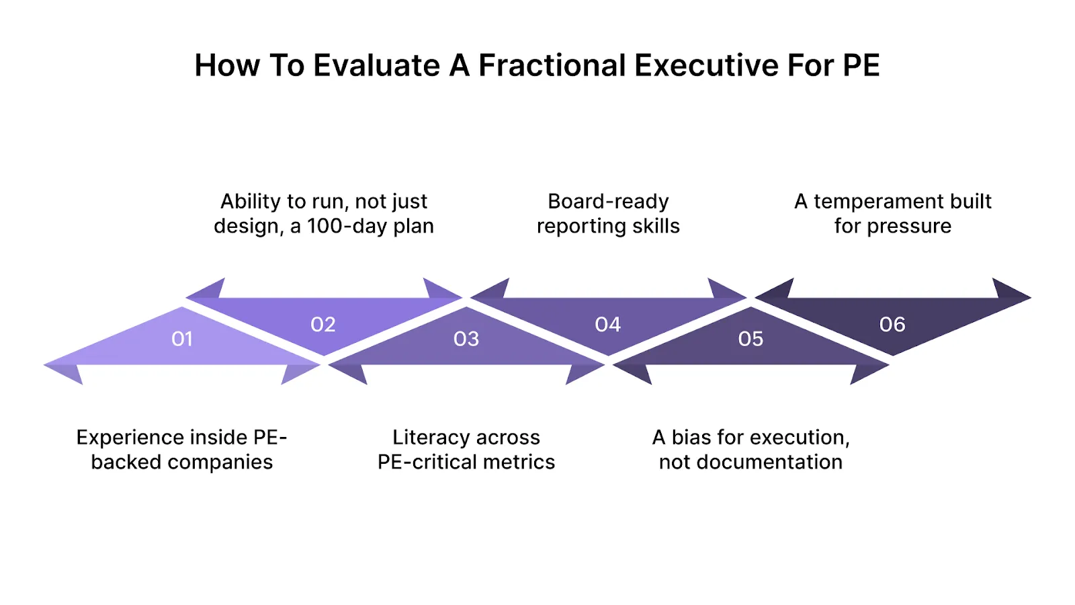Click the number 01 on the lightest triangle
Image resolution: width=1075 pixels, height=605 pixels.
tap(182, 339)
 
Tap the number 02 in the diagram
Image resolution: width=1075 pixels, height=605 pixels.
tap(323, 325)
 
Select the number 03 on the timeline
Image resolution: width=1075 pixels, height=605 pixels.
tap(466, 339)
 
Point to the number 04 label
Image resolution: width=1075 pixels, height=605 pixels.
tap(608, 325)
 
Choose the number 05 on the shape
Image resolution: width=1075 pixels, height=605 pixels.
tap(750, 339)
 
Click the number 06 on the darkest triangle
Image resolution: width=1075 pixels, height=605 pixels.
tap(892, 325)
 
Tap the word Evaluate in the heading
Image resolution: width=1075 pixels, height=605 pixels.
tap(377, 66)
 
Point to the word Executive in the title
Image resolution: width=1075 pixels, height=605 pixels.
tap(705, 66)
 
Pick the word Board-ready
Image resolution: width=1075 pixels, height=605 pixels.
tap(608, 201)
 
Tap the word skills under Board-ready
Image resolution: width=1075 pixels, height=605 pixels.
tap(656, 227)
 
